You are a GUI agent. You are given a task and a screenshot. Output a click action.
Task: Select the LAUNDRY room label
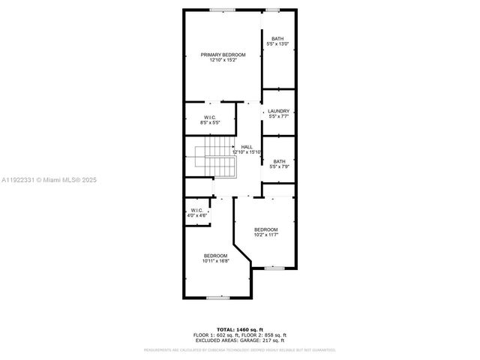tap(278, 112)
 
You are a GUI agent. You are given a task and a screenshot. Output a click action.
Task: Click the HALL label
tap(247, 147)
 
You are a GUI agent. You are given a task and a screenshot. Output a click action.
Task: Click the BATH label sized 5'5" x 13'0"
tap(278, 39)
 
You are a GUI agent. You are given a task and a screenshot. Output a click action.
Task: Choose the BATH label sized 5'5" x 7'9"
tap(278, 161)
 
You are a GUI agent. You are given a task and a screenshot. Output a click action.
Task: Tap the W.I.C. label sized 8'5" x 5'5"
tap(210, 118)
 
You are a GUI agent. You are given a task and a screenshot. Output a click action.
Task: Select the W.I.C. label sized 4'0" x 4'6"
tap(196, 210)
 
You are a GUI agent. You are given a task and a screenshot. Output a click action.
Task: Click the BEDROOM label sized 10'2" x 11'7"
tap(265, 229)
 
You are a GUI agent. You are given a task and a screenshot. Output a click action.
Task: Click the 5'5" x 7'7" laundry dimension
tap(278, 117)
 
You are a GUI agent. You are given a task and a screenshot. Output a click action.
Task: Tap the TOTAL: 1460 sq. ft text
tap(241, 330)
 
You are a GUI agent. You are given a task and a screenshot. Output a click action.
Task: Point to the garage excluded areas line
tap(241, 340)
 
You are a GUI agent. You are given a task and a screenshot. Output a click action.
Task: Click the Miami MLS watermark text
tap(49, 180)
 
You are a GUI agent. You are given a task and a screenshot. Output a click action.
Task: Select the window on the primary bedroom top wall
tap(220, 10)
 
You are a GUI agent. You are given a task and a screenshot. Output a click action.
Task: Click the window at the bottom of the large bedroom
tap(217, 298)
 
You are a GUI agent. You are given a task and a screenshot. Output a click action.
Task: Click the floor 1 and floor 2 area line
tap(241, 335)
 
